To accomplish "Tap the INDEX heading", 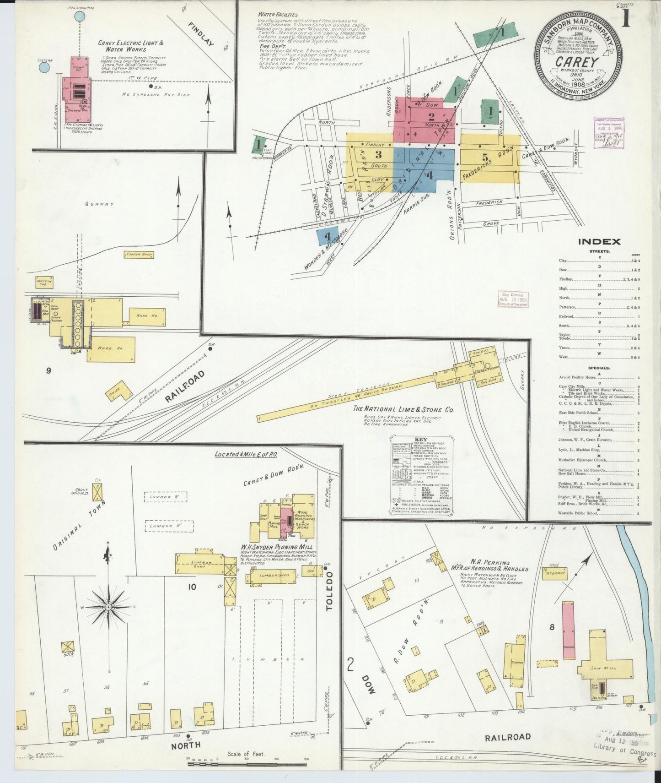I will click(599, 242).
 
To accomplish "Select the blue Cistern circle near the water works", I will click(44, 68).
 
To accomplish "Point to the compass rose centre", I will click(108, 608).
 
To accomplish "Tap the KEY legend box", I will click(421, 476).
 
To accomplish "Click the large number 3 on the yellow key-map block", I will click(378, 155).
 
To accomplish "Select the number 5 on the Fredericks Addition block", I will click(485, 157).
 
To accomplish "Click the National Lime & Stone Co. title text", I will click(403, 409).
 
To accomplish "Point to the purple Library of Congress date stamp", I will click(608, 133).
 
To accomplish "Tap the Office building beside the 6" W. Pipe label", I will click(118, 391).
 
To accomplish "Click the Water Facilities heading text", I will click(277, 15).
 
